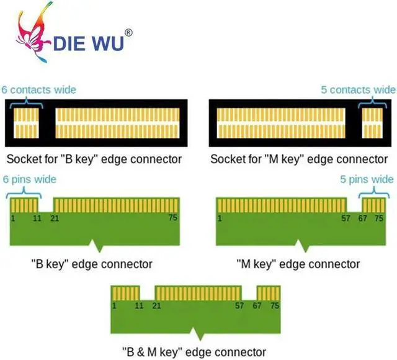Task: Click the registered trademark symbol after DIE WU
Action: (128, 32)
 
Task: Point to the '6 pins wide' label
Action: (29, 179)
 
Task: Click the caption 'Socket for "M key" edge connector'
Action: (298, 159)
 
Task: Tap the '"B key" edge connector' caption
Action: (91, 264)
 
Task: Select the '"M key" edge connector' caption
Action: (298, 264)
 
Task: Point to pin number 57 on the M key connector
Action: (346, 218)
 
